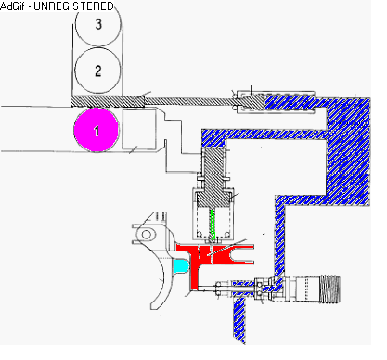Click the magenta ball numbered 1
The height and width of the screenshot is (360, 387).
97,130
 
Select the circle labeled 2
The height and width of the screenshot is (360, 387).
97,71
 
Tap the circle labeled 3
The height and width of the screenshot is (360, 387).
98,24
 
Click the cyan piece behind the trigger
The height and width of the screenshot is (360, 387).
180,266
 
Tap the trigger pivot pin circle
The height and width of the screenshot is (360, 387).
147,235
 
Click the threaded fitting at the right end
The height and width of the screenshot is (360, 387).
330,289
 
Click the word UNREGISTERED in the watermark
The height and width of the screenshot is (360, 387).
73,6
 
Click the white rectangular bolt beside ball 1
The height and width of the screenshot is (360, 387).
139,129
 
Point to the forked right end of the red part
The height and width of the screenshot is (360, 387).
244,254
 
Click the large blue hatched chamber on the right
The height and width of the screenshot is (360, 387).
348,151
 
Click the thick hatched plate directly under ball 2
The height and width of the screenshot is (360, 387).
108,101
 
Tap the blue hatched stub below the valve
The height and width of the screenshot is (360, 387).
239,318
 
